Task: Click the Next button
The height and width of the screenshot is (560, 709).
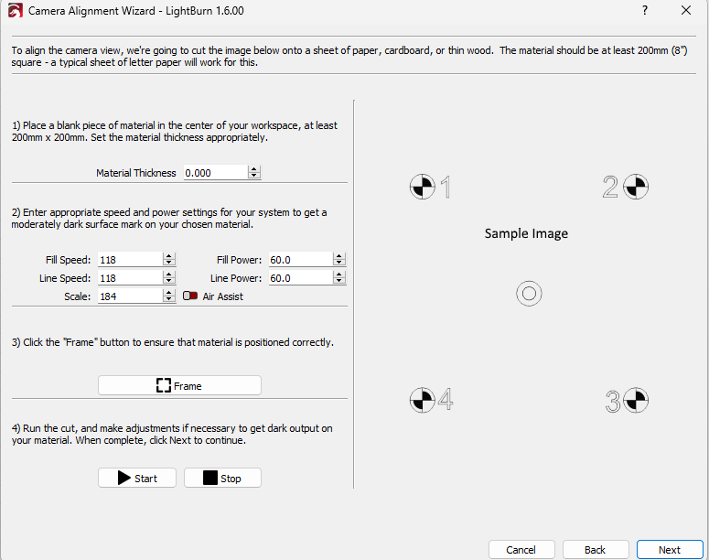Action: pos(670,550)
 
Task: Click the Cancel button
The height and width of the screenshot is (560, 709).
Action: pos(521,550)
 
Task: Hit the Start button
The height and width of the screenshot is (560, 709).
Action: pos(137,478)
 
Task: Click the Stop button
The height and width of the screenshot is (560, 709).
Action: pos(222,478)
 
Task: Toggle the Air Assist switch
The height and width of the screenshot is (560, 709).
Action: pos(190,296)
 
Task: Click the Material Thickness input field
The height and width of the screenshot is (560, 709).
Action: pos(216,173)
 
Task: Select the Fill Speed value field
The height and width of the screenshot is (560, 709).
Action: pos(130,260)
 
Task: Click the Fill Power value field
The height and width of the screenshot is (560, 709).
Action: pos(301,260)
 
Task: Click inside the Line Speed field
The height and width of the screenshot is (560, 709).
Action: pos(130,278)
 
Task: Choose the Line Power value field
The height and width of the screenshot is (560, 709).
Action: pos(301,278)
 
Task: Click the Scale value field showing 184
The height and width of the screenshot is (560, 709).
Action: pos(130,296)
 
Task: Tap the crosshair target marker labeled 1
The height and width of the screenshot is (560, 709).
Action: pos(423,187)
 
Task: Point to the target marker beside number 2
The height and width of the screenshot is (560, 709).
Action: pos(636,187)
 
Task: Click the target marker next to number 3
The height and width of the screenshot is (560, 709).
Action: pos(636,400)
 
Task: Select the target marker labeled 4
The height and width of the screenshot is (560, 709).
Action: pos(423,400)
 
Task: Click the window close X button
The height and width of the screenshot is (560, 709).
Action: pos(686,10)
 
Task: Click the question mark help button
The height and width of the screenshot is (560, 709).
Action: pos(645,10)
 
